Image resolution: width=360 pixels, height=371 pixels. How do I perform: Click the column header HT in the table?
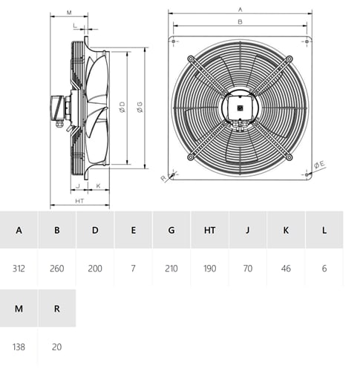[209, 230]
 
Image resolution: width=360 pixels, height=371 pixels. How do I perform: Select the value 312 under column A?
[19, 269]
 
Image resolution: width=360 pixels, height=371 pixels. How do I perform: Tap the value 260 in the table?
[57, 269]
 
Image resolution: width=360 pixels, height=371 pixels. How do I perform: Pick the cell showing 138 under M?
[19, 347]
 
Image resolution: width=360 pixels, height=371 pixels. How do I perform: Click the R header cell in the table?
[57, 309]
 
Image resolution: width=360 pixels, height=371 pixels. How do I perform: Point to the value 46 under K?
[286, 269]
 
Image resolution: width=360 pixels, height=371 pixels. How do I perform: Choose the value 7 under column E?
[133, 269]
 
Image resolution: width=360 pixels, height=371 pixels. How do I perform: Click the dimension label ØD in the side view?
[122, 108]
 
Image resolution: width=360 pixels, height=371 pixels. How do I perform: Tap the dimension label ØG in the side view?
[140, 108]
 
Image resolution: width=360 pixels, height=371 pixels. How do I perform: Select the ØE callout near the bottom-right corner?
[319, 165]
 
